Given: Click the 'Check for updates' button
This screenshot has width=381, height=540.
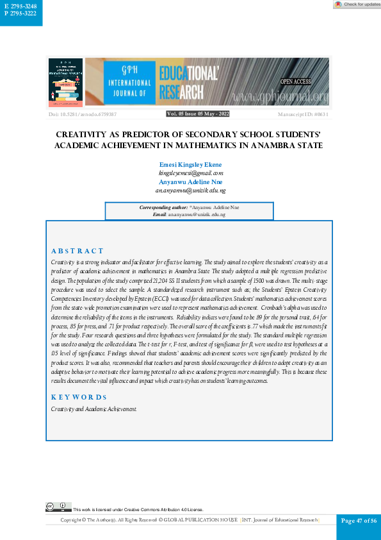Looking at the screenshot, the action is (357, 4).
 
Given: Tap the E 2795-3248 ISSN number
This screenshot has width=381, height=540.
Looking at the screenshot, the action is (21, 6).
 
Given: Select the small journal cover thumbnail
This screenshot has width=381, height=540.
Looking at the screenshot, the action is (66, 81).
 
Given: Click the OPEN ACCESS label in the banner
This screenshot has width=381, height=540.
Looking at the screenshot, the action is (296, 81).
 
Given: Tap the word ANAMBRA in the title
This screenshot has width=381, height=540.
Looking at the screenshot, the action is (264, 146).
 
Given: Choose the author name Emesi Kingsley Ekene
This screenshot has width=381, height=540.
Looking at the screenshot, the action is (191, 165).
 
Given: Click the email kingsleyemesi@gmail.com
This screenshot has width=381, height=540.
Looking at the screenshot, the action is (191, 173).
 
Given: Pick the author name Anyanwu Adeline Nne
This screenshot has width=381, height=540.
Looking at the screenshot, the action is (191, 182).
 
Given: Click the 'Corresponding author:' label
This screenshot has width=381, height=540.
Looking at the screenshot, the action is (163, 207).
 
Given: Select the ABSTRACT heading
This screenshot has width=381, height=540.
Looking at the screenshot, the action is (77, 251).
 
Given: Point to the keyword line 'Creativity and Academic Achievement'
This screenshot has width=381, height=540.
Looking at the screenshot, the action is (93, 409).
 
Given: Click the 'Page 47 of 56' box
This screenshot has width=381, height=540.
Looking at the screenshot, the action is (359, 520).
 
